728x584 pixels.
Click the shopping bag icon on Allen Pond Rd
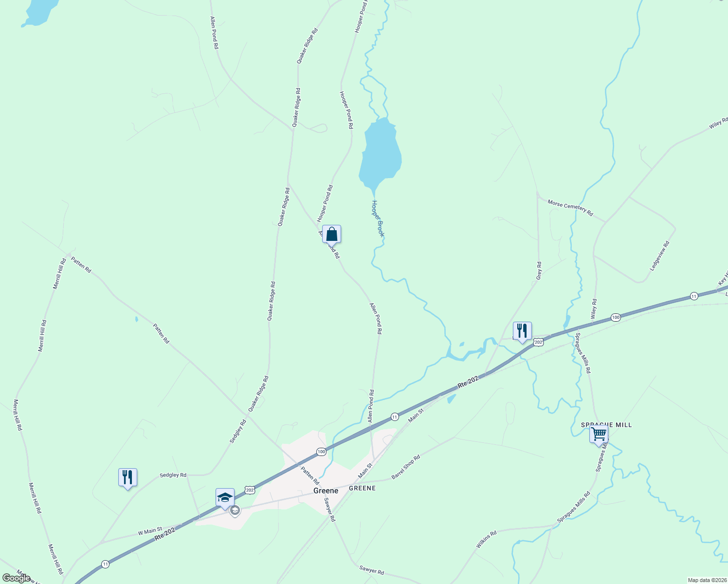(x=331, y=235)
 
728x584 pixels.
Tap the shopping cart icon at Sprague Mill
(x=599, y=434)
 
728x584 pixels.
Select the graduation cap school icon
(x=225, y=497)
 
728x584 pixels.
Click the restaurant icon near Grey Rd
(x=522, y=331)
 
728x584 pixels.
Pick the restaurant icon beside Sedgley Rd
(x=127, y=477)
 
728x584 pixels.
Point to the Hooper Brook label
(x=378, y=219)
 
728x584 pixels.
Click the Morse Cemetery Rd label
(x=570, y=207)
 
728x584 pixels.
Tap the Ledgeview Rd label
(x=660, y=256)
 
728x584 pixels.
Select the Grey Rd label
(x=539, y=271)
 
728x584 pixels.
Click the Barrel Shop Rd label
(x=406, y=467)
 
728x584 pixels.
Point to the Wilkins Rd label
(x=486, y=540)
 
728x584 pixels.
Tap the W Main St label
(x=150, y=531)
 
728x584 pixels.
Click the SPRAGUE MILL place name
(x=606, y=425)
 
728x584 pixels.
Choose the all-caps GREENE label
(x=362, y=488)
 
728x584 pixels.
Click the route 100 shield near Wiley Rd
(x=616, y=317)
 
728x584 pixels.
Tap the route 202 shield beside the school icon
(x=250, y=490)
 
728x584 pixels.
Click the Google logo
(x=17, y=578)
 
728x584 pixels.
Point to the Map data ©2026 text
(x=706, y=580)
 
